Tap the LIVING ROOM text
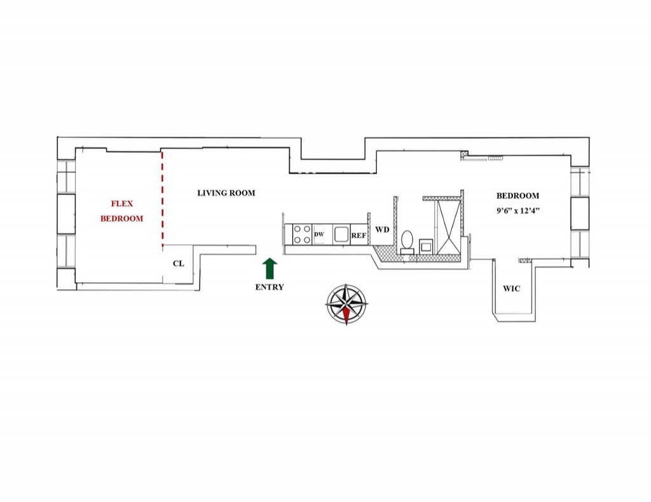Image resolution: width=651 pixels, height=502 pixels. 226,193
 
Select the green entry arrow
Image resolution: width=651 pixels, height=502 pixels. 270,268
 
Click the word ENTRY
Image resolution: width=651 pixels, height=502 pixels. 270,287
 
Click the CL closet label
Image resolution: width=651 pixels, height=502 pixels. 179,263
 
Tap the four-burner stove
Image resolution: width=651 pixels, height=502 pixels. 301,234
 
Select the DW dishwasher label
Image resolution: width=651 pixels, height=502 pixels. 319,235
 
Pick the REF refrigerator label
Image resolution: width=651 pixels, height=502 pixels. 358,235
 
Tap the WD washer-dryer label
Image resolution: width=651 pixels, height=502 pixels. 382,229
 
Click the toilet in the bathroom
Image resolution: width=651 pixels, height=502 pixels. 407,241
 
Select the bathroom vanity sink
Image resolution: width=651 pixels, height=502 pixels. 425,245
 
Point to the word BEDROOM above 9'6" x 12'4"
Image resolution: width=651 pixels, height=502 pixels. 517,196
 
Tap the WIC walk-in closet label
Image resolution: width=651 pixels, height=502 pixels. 512,288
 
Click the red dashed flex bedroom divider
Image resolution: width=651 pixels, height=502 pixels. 162,197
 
